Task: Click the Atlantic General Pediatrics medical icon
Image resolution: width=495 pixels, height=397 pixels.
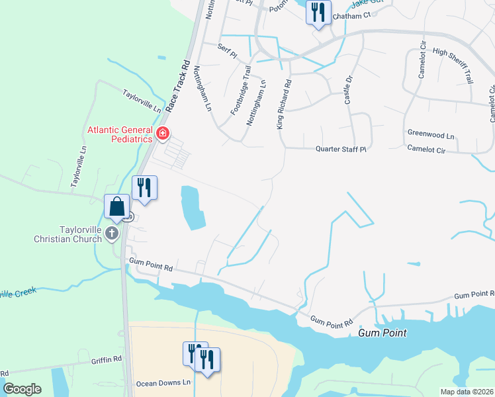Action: [x=163, y=136]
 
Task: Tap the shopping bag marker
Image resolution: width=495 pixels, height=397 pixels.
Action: [x=116, y=206]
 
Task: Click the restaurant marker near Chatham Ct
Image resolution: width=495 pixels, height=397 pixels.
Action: [x=318, y=13]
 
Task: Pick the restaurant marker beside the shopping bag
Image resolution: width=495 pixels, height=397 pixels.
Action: [x=144, y=188]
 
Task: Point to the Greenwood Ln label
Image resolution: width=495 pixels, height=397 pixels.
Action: [x=431, y=134]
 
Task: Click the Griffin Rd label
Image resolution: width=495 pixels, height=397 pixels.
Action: [x=107, y=360]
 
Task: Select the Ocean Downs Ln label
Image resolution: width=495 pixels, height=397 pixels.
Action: [x=163, y=383]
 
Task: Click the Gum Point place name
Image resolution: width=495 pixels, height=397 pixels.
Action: [x=382, y=333]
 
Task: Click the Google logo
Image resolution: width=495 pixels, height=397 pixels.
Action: [x=22, y=389]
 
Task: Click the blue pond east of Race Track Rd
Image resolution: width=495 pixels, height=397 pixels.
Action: [x=192, y=208]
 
